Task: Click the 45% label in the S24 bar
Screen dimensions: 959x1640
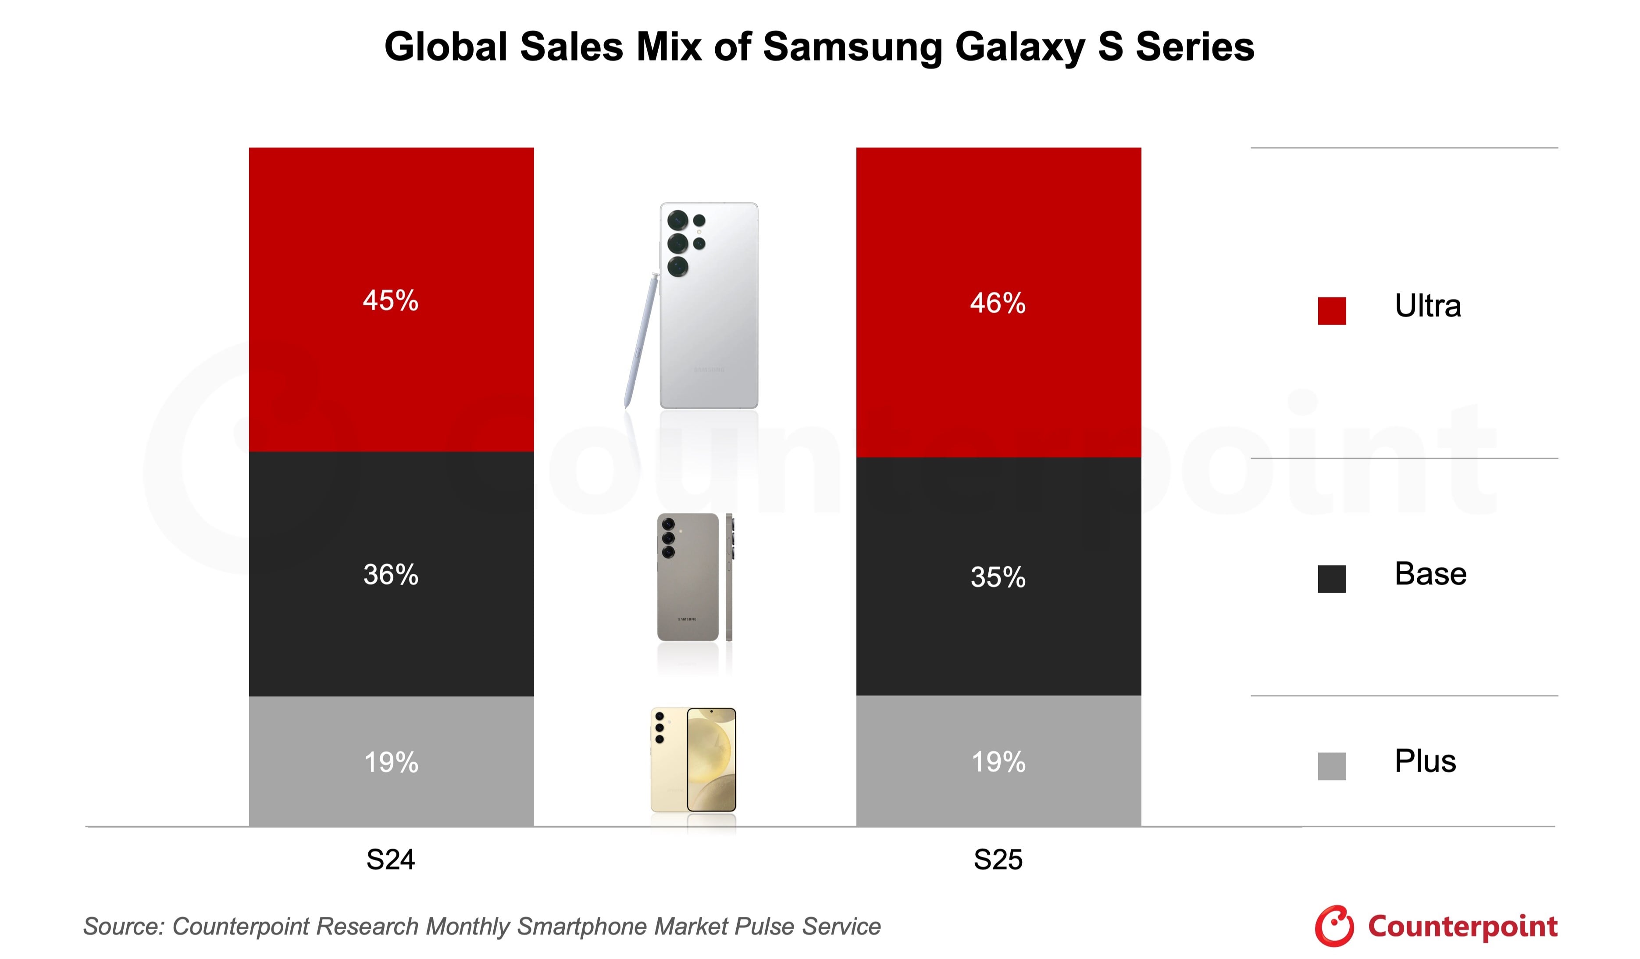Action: click(390, 301)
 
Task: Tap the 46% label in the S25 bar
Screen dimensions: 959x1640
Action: click(998, 304)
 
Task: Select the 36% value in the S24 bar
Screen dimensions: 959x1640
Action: click(390, 575)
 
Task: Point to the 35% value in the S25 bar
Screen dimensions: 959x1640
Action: click(998, 577)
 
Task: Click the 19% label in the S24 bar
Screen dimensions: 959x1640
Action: click(390, 762)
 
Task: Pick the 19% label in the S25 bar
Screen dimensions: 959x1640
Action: click(998, 762)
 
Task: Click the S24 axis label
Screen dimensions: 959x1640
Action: click(390, 860)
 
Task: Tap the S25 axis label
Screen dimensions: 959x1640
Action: click(998, 860)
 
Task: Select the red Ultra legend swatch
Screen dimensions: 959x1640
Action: click(1332, 311)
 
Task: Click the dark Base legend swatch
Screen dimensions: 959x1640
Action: click(1332, 579)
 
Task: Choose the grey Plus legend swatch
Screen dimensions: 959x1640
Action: click(1332, 766)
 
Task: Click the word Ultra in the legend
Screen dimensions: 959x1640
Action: click(1427, 306)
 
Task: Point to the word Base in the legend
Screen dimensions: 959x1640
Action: click(1430, 574)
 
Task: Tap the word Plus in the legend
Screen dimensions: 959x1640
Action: click(1425, 761)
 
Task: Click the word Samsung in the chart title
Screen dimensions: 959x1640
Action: click(852, 47)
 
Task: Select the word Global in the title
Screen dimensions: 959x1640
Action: click(446, 47)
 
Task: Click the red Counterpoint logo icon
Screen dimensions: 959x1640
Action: click(1333, 925)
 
